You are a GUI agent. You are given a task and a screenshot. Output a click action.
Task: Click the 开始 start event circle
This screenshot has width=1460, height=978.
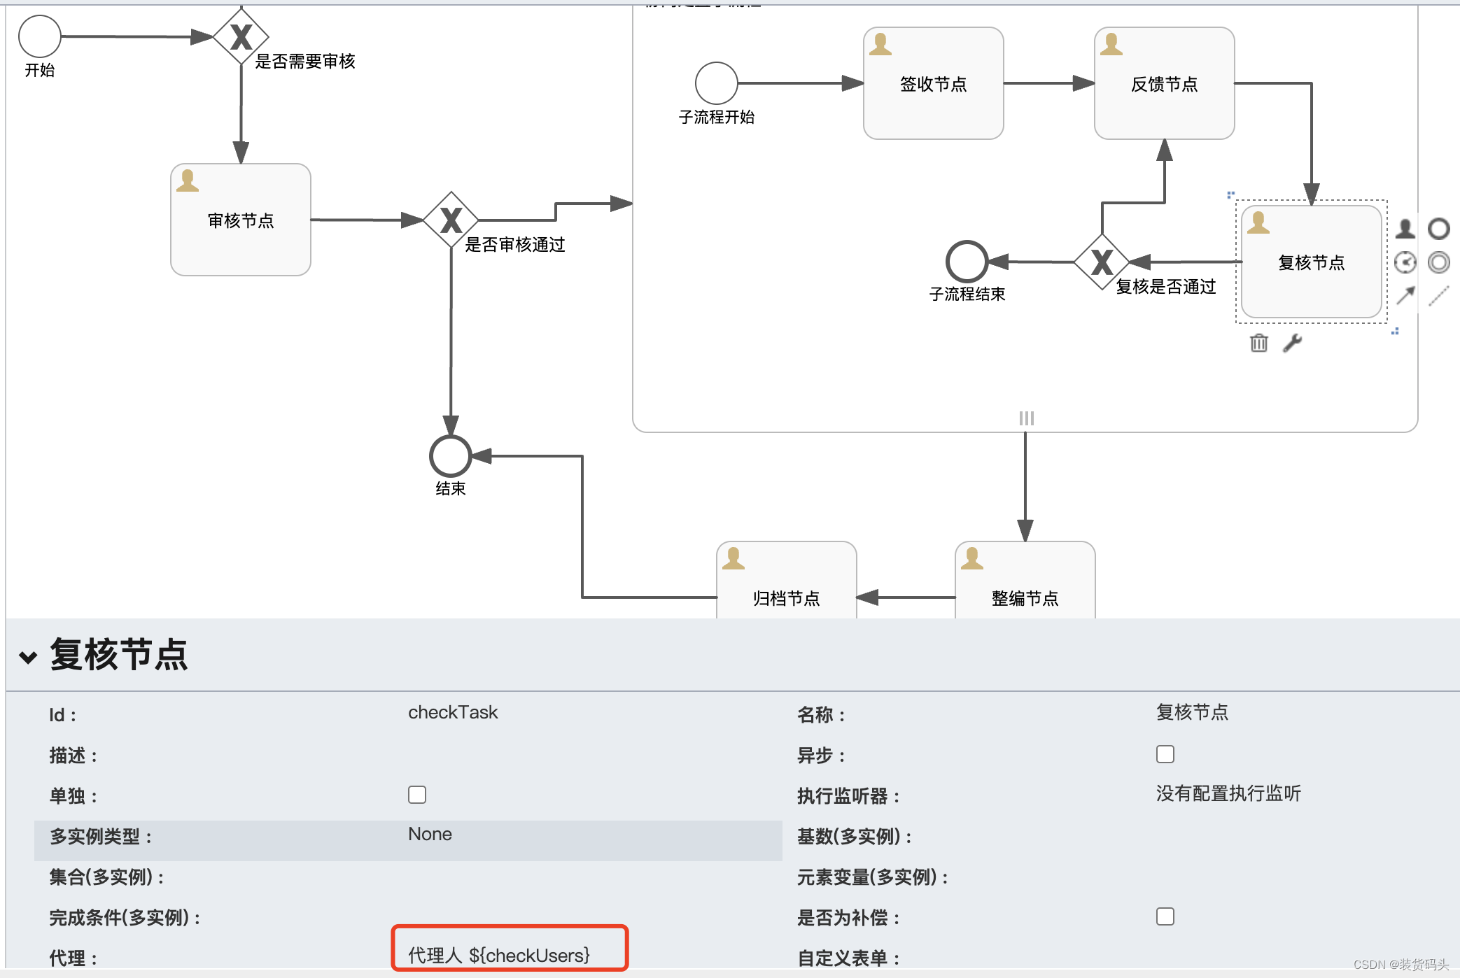coord(40,36)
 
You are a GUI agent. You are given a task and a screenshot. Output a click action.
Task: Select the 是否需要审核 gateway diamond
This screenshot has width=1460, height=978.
coord(241,36)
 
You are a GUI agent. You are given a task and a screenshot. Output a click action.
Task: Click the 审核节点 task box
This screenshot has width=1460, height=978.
coord(241,220)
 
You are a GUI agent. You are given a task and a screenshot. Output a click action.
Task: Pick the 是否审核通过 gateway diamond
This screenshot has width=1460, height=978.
coord(451,220)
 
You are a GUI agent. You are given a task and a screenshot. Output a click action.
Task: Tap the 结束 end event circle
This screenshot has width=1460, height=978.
coord(450,456)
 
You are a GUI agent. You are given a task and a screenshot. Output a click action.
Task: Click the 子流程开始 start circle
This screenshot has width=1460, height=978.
coord(716,83)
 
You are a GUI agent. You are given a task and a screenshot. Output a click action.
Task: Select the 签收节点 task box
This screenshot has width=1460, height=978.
coord(933,83)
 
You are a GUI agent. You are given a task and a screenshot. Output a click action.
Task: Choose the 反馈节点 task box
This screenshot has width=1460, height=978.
coord(1164,83)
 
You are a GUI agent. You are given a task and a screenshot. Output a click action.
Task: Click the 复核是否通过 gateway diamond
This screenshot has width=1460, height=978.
coord(1102,262)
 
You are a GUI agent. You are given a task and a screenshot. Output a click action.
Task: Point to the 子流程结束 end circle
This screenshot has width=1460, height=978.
coord(967,262)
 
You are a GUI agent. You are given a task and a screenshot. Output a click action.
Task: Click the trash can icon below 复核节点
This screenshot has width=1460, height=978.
coord(1258,343)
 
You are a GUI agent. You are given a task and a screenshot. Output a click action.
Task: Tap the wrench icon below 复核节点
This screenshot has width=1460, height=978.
coord(1292,343)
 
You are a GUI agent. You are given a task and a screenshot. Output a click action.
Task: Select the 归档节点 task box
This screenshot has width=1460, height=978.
coord(786,588)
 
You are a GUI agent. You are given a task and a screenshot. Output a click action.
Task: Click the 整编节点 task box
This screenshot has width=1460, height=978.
coord(1025,588)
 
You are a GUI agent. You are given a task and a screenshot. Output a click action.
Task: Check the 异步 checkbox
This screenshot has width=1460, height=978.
coord(1165,754)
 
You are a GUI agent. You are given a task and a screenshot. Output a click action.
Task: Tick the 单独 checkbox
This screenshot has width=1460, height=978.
coord(417,795)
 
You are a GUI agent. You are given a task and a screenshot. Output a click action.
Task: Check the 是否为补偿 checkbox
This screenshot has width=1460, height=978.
coord(1165,916)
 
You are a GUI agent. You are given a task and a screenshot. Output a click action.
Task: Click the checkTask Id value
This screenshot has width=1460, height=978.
coord(453,712)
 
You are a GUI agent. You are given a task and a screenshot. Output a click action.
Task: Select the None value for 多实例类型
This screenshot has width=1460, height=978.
coord(430,834)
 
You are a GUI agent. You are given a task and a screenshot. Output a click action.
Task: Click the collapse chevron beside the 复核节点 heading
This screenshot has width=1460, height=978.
coord(28,657)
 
